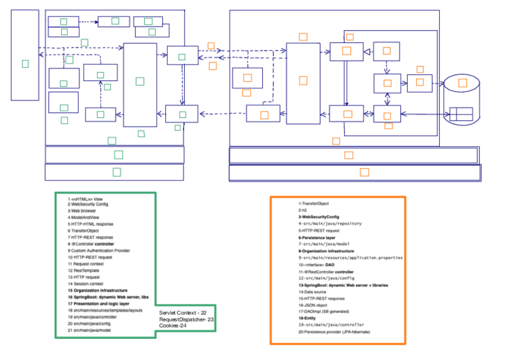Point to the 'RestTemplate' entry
point(84,270)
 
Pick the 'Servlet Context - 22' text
point(183,313)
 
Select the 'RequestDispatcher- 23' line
point(186,320)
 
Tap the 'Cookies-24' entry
point(174,326)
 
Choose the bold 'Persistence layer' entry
point(317,237)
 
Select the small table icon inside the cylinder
point(461,114)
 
